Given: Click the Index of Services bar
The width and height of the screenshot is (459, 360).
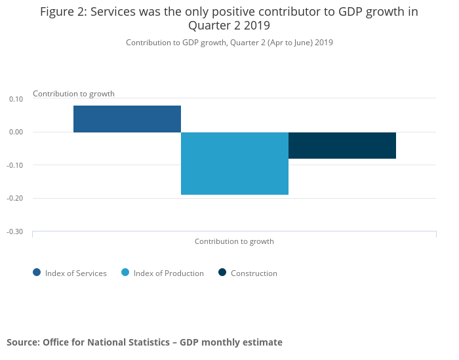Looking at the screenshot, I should tap(127, 119).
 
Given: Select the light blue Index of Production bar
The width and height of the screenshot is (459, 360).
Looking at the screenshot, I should tap(235, 163).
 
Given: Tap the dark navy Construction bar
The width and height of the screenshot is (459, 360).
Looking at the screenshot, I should tap(342, 145).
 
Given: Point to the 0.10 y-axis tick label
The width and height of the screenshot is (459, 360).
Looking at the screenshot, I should tap(16, 99).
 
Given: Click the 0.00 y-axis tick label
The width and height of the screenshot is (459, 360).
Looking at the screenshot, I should tap(16, 132).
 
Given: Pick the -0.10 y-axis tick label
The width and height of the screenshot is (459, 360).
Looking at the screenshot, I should tap(15, 165).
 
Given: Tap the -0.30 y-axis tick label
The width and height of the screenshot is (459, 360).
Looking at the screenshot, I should tap(15, 231).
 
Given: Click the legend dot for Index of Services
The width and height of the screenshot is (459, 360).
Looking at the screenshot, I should tap(37, 273).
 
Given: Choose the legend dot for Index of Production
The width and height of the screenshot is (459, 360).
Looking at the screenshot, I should tap(125, 273).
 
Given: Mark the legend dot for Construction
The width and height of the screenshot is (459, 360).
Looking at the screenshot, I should tap(222, 273).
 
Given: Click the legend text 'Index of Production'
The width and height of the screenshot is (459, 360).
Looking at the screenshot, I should tap(169, 273).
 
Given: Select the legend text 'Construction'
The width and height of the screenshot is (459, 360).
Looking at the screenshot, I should tap(254, 273).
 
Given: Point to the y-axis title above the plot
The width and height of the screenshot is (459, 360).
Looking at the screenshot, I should tap(73, 94).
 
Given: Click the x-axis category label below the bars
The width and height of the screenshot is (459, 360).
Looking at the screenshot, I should tap(234, 241).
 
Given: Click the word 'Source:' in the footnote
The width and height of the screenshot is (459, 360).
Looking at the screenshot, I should tap(24, 342).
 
